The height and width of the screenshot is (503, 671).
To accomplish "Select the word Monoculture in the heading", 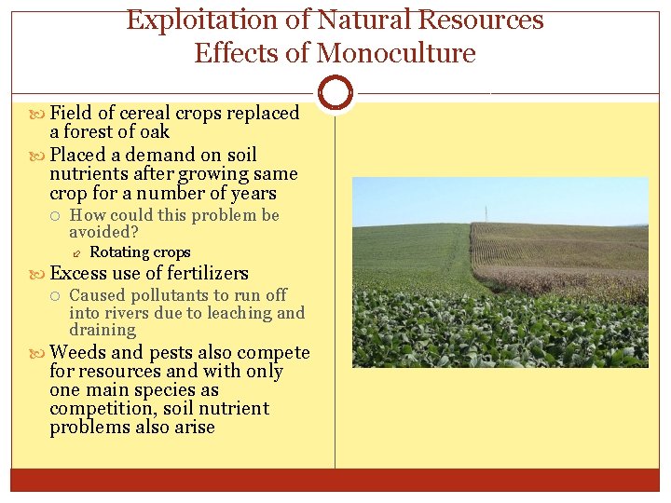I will [x=396, y=54].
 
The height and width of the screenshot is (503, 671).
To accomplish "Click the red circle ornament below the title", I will [x=335, y=92].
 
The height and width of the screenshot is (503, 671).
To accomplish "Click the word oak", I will [x=154, y=132].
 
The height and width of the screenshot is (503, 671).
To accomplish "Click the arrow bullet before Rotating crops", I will [x=77, y=253].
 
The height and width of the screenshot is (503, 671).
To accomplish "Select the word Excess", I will [x=78, y=274].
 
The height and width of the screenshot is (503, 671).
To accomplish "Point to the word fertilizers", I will [x=203, y=274].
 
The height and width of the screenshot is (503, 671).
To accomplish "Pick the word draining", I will [x=103, y=331].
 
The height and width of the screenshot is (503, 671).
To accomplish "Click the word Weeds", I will [x=79, y=353].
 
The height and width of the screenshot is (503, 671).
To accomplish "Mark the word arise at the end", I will [x=194, y=428].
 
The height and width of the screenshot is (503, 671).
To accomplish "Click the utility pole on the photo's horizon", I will [x=486, y=212].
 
